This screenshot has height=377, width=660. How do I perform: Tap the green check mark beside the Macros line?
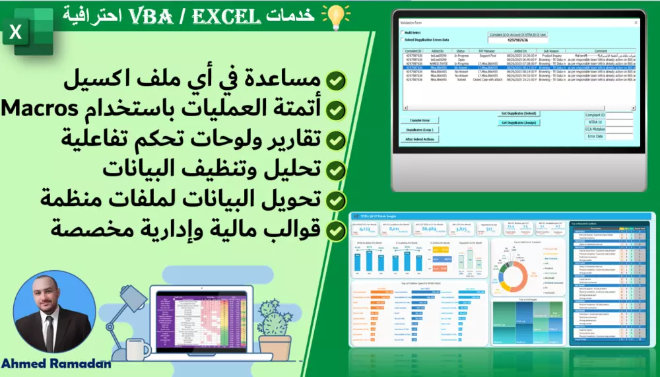click(x=336, y=110)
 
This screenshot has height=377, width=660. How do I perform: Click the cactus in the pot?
click(x=269, y=317)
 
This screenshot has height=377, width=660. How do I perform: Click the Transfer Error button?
click(x=420, y=120)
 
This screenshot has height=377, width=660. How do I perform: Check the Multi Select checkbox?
click(x=404, y=32)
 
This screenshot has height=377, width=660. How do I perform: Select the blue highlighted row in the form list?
click(x=519, y=67)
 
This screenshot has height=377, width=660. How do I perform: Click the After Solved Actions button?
click(x=420, y=139)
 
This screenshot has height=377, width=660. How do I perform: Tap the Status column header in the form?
click(x=461, y=51)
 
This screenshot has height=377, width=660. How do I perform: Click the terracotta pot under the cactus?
click(x=269, y=343)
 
